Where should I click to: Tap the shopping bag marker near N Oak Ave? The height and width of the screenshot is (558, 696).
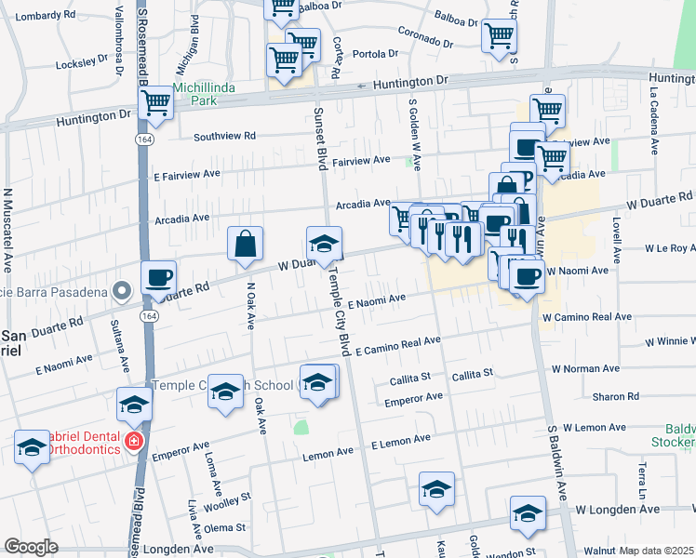[245, 245]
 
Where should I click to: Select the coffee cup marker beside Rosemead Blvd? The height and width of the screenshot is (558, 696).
[158, 276]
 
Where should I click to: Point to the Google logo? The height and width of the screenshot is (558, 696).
[31, 547]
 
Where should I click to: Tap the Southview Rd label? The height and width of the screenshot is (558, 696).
[224, 136]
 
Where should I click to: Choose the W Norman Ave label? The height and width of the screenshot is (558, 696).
[595, 368]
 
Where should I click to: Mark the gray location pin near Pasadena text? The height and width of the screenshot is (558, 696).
[122, 291]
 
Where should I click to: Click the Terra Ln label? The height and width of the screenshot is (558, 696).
[640, 475]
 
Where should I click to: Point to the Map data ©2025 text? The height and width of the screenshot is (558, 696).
[657, 551]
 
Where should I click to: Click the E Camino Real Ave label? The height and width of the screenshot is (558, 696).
[398, 346]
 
